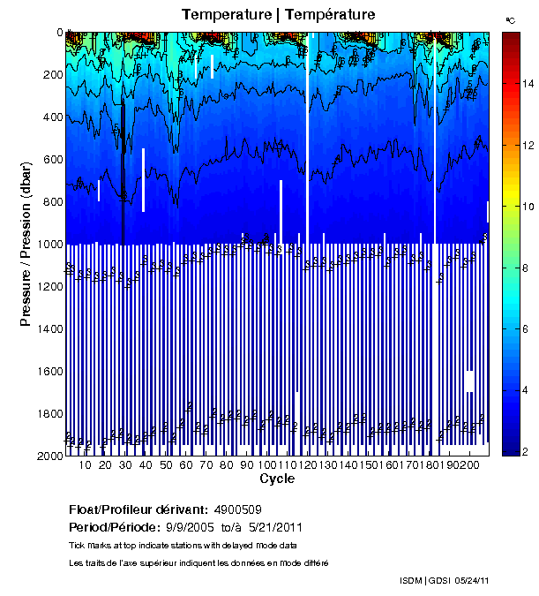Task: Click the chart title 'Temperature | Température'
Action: [278, 15]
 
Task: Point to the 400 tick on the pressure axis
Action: [51, 117]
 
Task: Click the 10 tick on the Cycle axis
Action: [86, 465]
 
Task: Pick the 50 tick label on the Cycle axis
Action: [167, 465]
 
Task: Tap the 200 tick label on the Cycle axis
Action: [470, 465]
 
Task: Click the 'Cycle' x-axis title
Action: [277, 479]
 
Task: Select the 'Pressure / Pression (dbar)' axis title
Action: [26, 244]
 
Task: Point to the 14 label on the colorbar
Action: [528, 84]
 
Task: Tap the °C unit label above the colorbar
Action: [510, 19]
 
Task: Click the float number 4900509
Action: [238, 509]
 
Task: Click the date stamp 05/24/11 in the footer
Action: [472, 581]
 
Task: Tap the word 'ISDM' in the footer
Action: [412, 581]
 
